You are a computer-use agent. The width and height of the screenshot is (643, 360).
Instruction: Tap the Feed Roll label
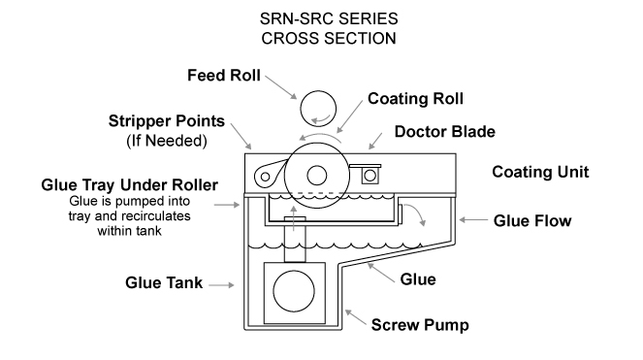click(224, 76)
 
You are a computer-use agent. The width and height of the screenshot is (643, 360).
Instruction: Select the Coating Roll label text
click(415, 99)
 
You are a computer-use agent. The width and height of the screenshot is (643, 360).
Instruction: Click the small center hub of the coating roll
click(316, 176)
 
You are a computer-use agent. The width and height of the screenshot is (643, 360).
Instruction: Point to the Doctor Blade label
click(445, 132)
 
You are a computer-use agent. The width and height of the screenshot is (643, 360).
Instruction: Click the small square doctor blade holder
click(370, 176)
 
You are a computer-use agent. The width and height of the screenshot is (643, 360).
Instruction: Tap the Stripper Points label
click(167, 121)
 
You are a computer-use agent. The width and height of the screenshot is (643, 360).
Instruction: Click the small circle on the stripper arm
click(266, 177)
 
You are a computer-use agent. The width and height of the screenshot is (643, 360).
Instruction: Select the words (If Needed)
click(167, 141)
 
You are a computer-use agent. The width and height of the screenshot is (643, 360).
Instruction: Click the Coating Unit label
click(540, 172)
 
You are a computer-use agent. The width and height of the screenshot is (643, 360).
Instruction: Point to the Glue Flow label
click(532, 221)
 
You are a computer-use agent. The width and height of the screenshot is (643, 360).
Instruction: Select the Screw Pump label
click(420, 325)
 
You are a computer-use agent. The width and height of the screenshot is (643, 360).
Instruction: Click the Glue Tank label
click(164, 282)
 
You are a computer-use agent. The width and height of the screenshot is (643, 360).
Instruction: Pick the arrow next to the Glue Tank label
click(221, 285)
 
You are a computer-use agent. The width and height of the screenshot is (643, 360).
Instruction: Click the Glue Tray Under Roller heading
click(130, 185)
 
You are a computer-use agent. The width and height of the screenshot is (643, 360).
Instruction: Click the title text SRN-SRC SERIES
click(329, 18)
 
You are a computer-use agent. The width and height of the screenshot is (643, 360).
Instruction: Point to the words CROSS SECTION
click(329, 39)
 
